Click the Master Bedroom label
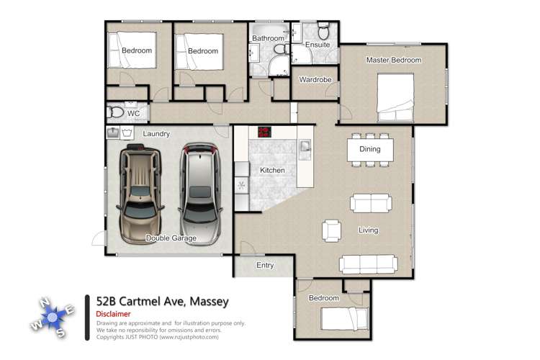pos(393,60)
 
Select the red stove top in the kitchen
pos(266,132)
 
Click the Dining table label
pos(369,150)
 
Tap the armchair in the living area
pos(332,230)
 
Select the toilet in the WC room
pos(116,113)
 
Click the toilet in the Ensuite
pos(323,32)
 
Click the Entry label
pos(265,266)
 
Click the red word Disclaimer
pos(113,315)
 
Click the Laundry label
pos(156,134)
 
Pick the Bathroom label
pos(267,38)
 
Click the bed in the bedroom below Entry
pos(343,317)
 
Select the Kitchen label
pos(272,171)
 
